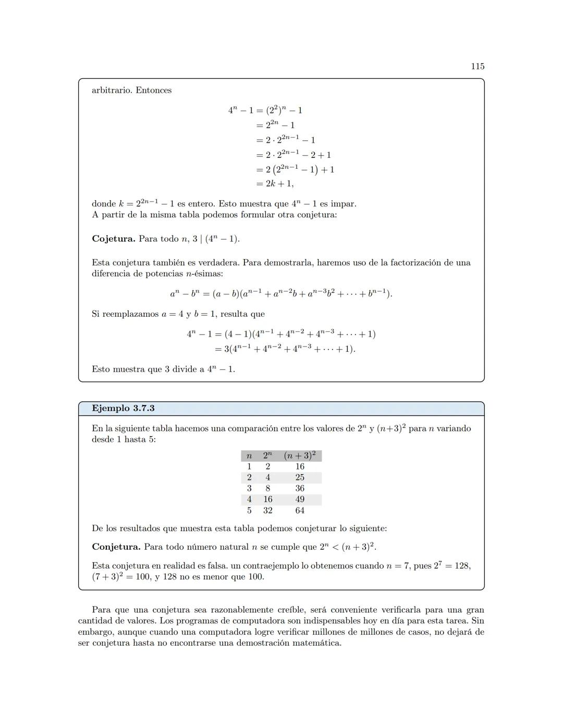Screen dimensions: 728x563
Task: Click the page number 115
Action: (x=478, y=66)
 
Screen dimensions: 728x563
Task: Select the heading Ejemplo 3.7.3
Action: (x=123, y=408)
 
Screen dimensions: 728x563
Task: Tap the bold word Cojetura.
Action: (x=113, y=239)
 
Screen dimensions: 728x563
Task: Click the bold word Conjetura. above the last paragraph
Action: (x=116, y=547)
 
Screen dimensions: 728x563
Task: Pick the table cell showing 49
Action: (x=300, y=499)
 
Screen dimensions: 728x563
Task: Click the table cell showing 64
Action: (x=300, y=511)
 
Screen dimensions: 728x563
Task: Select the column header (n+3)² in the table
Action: (x=300, y=455)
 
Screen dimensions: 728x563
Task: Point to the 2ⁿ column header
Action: (x=267, y=455)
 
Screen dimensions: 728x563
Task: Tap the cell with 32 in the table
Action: (x=267, y=511)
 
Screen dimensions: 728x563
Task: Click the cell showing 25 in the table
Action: (x=300, y=477)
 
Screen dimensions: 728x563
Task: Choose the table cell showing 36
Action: (x=300, y=488)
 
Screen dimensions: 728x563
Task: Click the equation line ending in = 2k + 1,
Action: (x=275, y=183)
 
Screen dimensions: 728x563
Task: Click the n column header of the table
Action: (x=249, y=456)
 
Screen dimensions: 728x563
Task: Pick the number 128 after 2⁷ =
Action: (x=462, y=565)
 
